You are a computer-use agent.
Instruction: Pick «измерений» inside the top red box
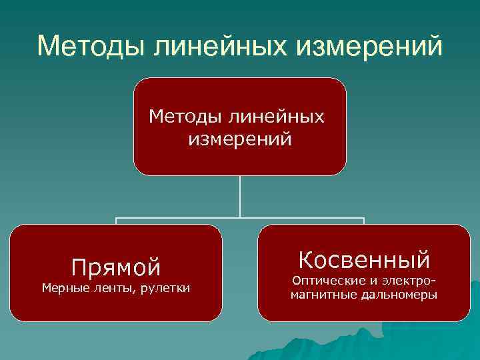[x=240, y=140]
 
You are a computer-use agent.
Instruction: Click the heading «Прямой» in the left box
[x=116, y=267]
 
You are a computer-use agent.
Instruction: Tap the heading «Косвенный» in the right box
[x=364, y=259]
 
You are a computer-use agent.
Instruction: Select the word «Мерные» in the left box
[x=62, y=288]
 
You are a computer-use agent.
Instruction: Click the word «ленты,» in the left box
[x=111, y=288]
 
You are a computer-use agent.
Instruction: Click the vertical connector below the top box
[x=240, y=196]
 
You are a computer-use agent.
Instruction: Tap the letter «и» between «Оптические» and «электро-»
[x=370, y=281]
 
